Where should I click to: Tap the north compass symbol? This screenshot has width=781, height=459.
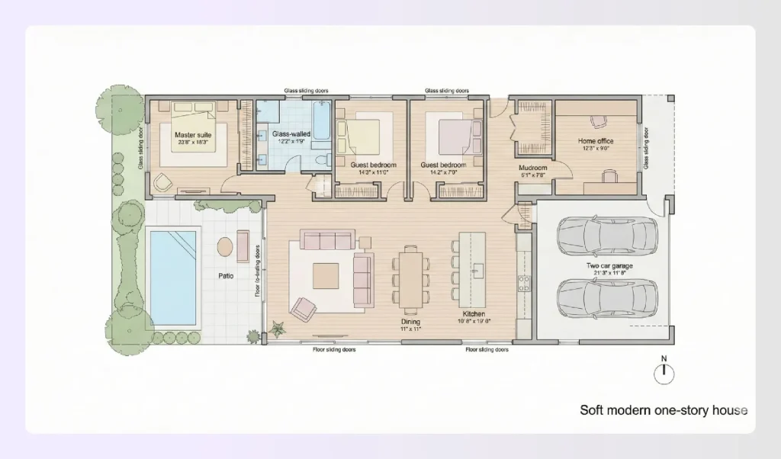tap(664, 373)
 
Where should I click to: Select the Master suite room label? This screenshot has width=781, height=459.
tap(192, 135)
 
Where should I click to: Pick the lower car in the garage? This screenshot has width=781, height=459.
tap(606, 297)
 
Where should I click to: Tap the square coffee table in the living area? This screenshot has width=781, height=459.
tap(326, 274)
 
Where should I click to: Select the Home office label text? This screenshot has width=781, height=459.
tap(596, 141)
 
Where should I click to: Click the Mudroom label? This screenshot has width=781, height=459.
tap(533, 168)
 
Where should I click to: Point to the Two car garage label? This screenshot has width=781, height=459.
tap(607, 266)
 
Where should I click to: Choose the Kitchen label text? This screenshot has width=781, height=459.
tap(474, 314)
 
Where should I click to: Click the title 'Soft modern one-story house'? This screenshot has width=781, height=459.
tap(663, 410)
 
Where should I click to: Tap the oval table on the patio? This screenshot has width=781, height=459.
tap(225, 247)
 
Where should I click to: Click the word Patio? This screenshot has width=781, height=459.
tap(226, 275)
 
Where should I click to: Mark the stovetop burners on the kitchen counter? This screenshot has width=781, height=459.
tap(525, 284)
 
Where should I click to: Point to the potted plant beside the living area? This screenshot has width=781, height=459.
tap(277, 329)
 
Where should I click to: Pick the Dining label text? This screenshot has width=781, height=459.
tap(411, 322)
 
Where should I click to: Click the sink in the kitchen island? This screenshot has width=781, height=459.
tap(479, 268)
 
